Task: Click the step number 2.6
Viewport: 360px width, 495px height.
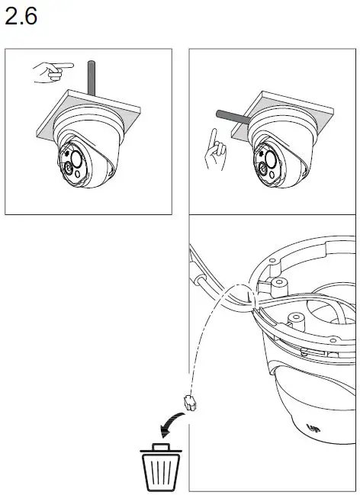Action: [x=21, y=17]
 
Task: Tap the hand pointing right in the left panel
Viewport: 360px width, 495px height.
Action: [x=52, y=72]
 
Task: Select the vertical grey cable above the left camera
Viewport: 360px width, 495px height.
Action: [x=90, y=77]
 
